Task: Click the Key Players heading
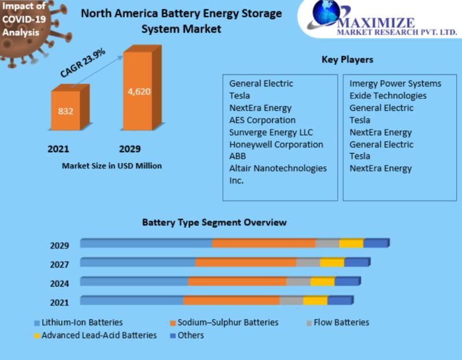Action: pos(346,59)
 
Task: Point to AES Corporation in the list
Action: pos(262,120)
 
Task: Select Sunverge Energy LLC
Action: pos(271,132)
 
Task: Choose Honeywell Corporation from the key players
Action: pos(276,144)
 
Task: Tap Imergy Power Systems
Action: pos(395,84)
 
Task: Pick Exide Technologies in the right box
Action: pos(388,96)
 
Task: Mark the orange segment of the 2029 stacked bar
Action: pos(263,243)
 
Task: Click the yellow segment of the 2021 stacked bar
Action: pos(315,301)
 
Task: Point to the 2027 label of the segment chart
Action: pos(59,264)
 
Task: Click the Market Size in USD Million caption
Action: pos(111,166)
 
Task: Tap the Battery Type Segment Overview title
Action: pos(214,222)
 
